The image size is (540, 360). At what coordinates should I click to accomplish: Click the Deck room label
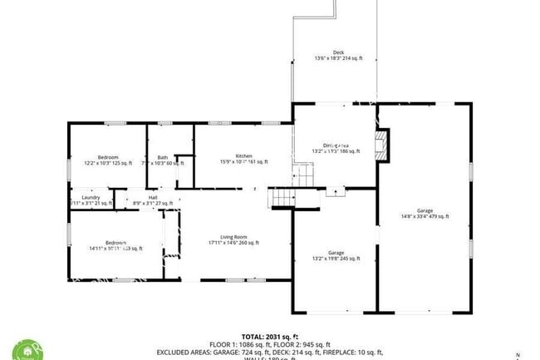click(338, 52)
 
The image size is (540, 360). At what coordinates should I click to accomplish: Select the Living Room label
click(233, 237)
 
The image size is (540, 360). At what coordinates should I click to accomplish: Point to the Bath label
click(163, 157)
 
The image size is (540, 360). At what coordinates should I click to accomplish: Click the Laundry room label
click(91, 197)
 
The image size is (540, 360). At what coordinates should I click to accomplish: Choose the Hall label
click(153, 197)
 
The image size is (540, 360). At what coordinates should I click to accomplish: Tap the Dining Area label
click(335, 145)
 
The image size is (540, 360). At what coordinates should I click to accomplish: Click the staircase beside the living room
click(282, 198)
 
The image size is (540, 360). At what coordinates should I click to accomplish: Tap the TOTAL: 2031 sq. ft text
click(270, 337)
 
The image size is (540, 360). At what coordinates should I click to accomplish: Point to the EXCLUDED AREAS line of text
click(270, 352)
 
